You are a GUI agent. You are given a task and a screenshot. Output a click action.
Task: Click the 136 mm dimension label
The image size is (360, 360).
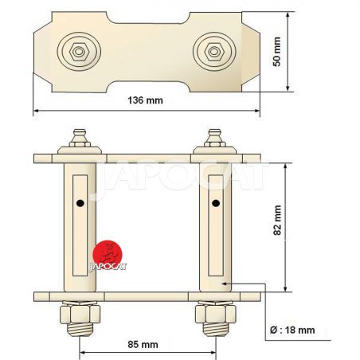[145, 100]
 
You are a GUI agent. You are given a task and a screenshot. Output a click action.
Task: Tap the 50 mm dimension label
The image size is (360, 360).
[276, 52]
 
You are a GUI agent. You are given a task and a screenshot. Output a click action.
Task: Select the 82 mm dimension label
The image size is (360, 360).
[277, 221]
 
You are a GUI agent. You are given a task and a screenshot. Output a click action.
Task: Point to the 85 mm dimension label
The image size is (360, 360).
[143, 345]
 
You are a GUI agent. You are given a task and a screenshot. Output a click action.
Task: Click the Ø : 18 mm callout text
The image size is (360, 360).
[292, 331]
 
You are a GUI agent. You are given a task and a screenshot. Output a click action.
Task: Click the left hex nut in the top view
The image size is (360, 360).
[79, 52]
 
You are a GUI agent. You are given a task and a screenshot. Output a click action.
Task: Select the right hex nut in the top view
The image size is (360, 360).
[214, 52]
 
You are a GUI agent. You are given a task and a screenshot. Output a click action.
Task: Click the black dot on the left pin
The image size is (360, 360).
[80, 203]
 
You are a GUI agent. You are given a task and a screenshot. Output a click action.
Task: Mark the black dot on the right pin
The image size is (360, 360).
[216, 203]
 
